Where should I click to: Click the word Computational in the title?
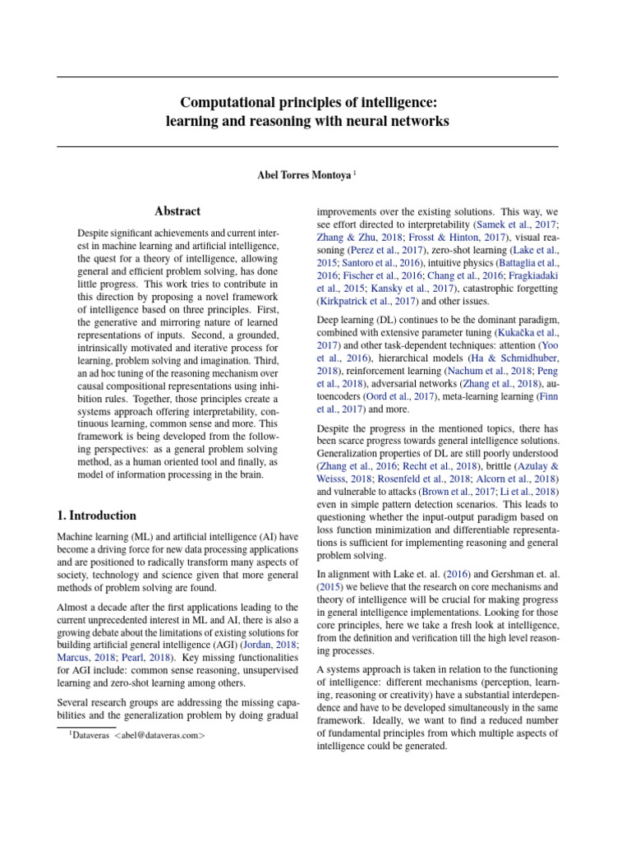tap(229, 102)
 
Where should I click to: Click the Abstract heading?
tap(178, 211)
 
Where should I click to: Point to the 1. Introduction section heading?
tap(97, 516)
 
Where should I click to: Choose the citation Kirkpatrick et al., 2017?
tap(358, 302)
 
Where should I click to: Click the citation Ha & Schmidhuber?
tap(501, 358)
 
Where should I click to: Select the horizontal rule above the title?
tap(307, 77)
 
